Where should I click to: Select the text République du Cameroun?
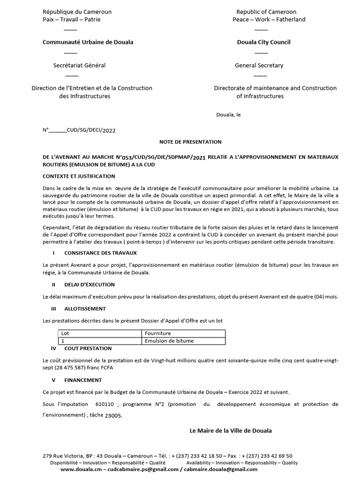[77, 12]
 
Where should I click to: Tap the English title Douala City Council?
[263, 42]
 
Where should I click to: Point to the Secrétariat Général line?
[79, 66]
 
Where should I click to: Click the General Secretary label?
[259, 66]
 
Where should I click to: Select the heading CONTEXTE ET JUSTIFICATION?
[79, 176]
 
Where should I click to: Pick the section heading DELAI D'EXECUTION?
[89, 285]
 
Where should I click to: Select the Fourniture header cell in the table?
[158, 333]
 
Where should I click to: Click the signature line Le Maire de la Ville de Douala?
[230, 430]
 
